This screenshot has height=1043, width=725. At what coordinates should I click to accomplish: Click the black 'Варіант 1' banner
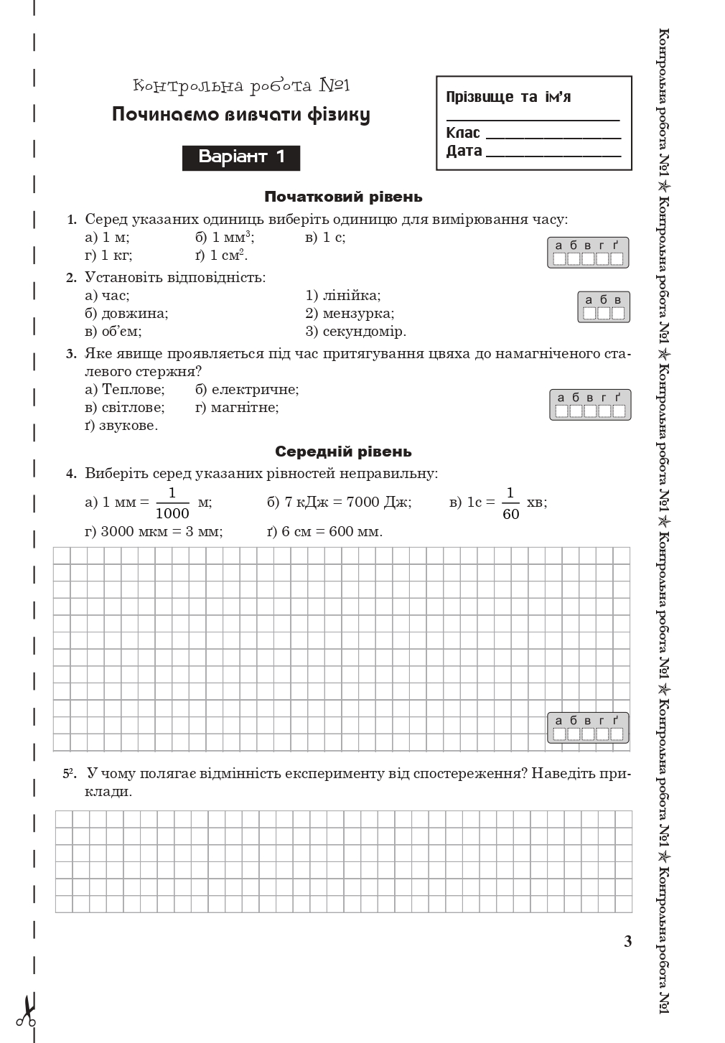tap(241, 158)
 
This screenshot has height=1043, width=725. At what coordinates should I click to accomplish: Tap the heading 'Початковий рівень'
tap(343, 197)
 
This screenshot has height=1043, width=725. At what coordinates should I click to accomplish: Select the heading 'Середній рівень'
tap(343, 452)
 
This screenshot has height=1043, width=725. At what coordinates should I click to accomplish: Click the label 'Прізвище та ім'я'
tap(508, 97)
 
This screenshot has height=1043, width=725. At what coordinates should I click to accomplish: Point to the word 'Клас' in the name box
tap(463, 133)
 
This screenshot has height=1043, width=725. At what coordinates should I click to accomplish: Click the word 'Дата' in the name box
tap(464, 151)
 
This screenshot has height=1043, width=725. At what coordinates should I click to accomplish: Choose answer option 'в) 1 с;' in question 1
tap(325, 238)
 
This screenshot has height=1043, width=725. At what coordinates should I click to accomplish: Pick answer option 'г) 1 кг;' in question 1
tap(108, 256)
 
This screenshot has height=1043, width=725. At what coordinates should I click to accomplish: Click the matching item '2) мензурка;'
tap(350, 314)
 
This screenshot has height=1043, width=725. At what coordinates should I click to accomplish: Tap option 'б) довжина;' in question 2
tap(126, 314)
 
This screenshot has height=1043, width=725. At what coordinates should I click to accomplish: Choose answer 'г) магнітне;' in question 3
tap(237, 408)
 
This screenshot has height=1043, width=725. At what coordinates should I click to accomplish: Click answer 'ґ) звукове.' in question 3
tap(121, 426)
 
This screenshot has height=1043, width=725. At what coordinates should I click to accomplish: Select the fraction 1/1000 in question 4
tap(172, 502)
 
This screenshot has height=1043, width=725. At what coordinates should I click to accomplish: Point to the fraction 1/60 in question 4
tap(510, 502)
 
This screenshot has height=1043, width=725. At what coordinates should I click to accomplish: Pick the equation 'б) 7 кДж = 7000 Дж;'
tap(339, 502)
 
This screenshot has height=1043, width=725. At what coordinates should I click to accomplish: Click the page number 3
tap(628, 942)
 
